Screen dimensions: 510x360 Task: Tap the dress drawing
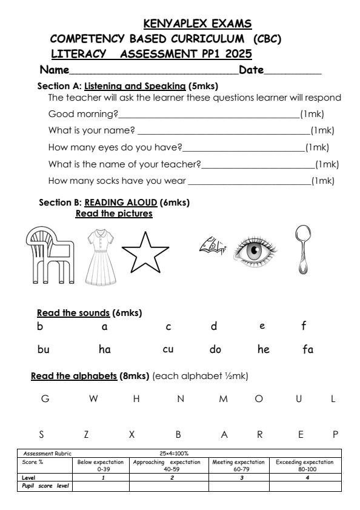coord(96,257)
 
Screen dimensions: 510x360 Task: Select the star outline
coord(145,253)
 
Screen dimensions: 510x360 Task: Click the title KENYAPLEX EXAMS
coord(197,24)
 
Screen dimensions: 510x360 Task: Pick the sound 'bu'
coord(43,349)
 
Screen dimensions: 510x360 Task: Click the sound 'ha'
coord(104,349)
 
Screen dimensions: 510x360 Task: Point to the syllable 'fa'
coord(308,349)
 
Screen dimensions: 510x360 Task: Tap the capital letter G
coord(44,399)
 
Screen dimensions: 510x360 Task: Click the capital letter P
coord(335,434)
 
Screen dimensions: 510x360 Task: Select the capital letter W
coord(93,399)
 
